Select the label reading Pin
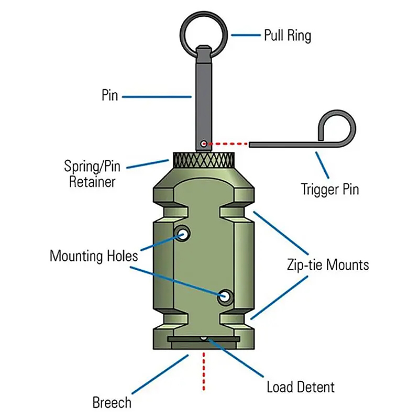tap(110, 96)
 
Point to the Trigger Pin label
tap(329, 189)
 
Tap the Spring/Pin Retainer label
tap(92, 174)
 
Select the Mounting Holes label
tap(94, 256)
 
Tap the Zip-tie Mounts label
tap(327, 264)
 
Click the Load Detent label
tap(300, 388)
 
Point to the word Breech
tap(112, 403)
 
